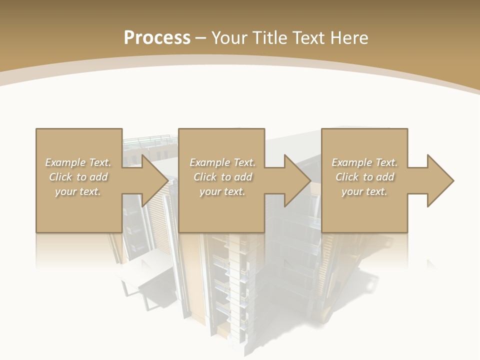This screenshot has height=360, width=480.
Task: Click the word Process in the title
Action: [157, 38]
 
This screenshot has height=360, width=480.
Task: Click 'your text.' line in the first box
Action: [78, 191]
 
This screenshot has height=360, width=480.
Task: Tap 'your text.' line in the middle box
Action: [222, 191]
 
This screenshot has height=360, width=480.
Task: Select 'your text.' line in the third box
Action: [364, 191]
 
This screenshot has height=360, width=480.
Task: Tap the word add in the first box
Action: [99, 177]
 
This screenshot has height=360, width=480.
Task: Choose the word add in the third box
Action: [385, 177]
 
